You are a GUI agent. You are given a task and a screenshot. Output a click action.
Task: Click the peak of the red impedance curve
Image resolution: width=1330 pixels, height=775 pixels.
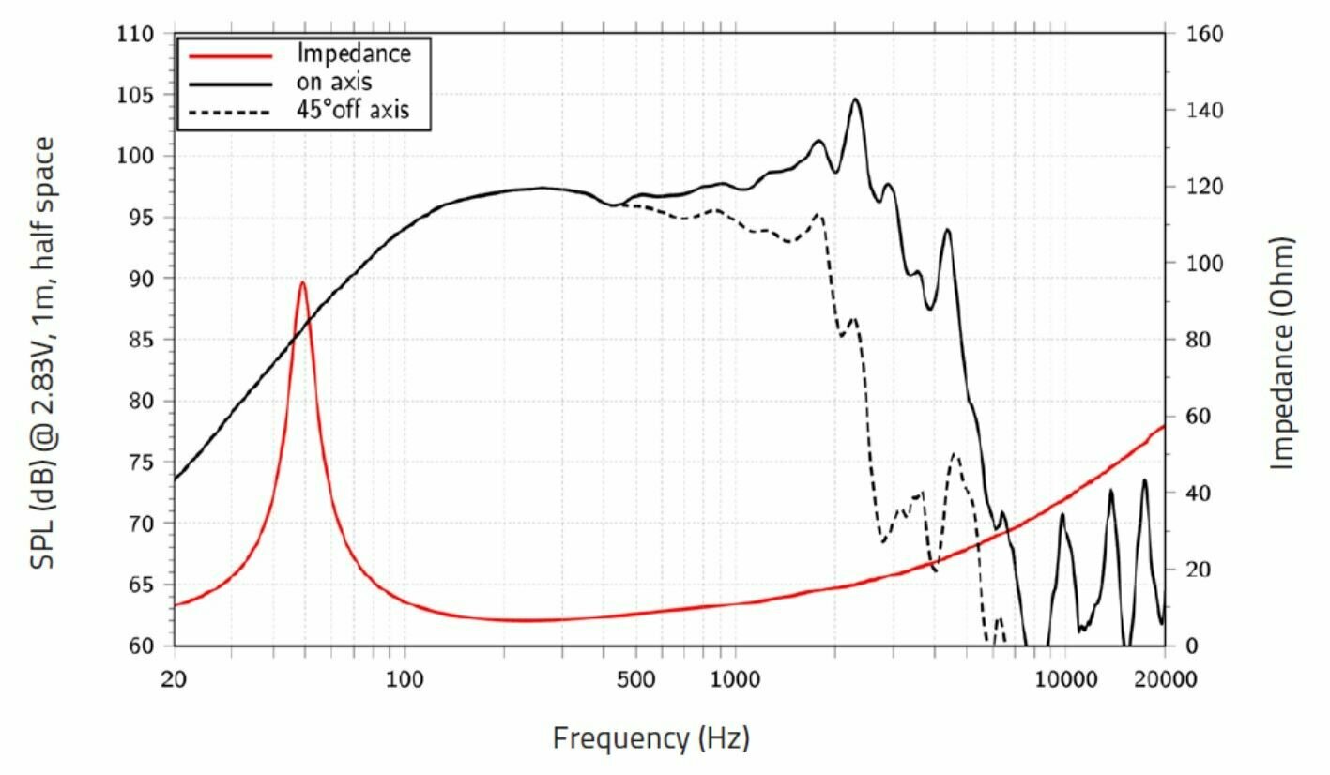302,282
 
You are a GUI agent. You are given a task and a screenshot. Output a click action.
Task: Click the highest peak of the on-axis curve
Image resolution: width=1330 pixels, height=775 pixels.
855,99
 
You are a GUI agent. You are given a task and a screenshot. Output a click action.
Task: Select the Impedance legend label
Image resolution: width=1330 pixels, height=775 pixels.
353,53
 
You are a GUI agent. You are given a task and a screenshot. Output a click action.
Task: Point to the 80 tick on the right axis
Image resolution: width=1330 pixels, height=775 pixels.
1190,340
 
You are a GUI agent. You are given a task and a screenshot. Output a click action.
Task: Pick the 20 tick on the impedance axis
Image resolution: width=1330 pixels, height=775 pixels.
1190,570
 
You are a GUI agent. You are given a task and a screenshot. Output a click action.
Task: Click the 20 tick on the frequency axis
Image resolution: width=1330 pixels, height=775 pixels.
176,678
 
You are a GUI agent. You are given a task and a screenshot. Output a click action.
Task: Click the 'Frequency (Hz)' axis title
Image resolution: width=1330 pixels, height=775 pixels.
650,738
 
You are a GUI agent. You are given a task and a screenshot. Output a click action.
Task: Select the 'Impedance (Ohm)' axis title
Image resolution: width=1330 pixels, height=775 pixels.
1283,353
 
